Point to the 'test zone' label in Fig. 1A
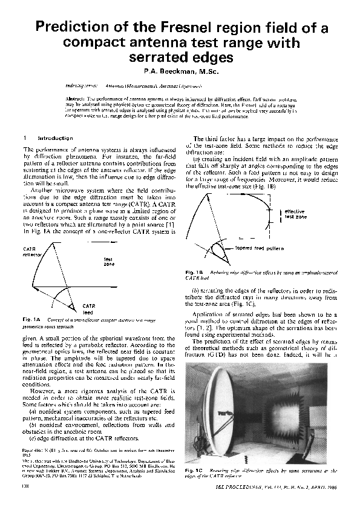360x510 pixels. point(110,261)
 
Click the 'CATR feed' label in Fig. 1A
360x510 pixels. point(90,309)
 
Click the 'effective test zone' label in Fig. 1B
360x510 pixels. point(296,214)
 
